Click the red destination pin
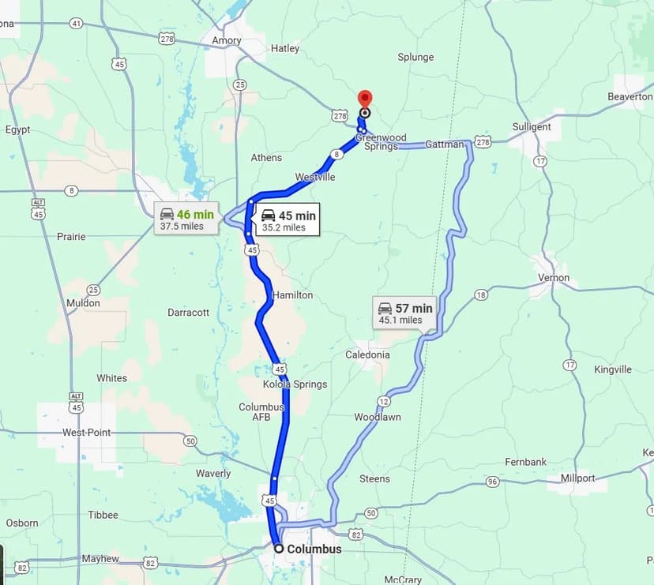[x=364, y=99]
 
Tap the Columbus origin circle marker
[x=279, y=548]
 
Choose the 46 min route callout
[x=186, y=219]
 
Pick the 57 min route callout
[x=404, y=313]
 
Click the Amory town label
[x=227, y=40]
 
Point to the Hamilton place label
[x=292, y=294]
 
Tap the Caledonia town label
[x=367, y=354]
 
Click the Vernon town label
[x=553, y=278]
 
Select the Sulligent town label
[x=532, y=126]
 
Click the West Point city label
[x=87, y=433]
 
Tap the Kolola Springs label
[x=295, y=384]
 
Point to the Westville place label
[x=315, y=177]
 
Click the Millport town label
[x=578, y=478]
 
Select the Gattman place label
[x=445, y=144]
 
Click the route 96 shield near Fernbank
[x=492, y=482]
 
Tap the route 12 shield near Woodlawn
[x=384, y=402]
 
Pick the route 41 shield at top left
[x=76, y=24]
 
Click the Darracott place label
[x=189, y=313]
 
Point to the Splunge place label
[x=415, y=57]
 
